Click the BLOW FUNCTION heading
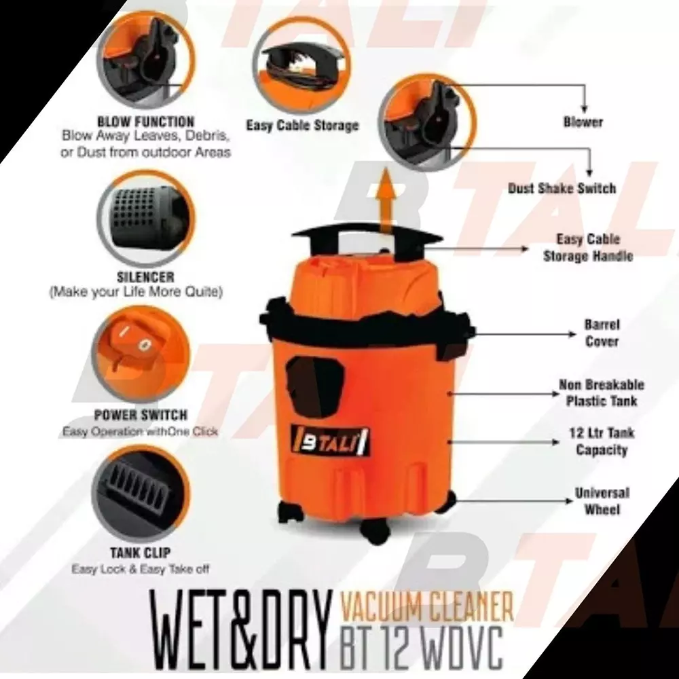[146, 122]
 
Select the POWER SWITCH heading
[141, 415]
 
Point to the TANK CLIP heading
[140, 553]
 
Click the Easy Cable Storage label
[301, 126]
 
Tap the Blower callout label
[583, 122]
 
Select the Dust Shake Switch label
[562, 189]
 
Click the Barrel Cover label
[602, 333]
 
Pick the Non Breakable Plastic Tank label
[602, 392]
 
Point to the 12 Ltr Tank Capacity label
[602, 441]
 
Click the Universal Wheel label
[602, 500]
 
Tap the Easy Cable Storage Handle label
[588, 248]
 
